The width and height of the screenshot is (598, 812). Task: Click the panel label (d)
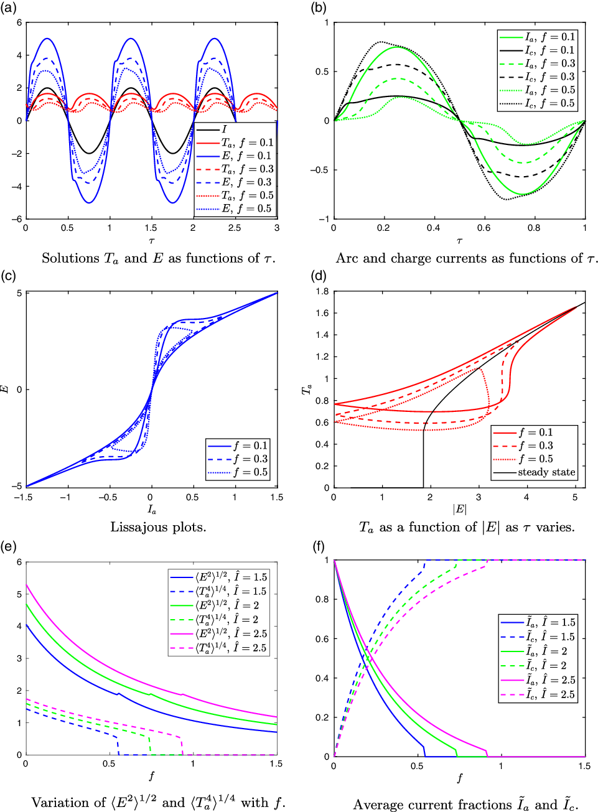coord(319,276)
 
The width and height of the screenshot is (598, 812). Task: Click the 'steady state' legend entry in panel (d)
coord(546,472)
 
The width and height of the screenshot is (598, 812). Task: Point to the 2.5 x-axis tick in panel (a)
coord(235,228)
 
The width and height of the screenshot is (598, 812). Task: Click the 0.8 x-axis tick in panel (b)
coord(534,228)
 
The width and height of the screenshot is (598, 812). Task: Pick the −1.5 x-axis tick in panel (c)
coord(26,497)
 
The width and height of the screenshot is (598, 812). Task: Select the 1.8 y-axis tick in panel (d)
coord(322,291)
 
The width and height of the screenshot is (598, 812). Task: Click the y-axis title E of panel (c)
coord(6,390)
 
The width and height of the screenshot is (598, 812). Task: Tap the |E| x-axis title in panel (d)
coord(459,510)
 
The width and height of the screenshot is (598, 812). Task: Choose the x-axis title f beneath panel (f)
coord(460,778)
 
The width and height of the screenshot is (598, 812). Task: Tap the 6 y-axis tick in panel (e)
coord(19,562)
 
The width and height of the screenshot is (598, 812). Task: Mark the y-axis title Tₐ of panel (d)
coord(306,390)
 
